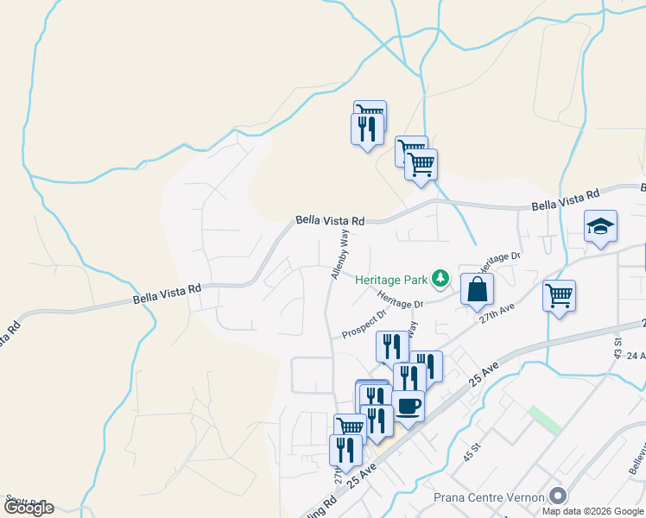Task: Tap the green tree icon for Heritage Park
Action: [441, 277]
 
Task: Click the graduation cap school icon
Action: [600, 227]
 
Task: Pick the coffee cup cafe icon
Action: [408, 405]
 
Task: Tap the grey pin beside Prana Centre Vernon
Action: [558, 496]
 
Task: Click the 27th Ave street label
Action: [497, 313]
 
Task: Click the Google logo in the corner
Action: [28, 509]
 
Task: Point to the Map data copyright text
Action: [593, 511]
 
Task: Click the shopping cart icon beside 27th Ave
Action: [559, 295]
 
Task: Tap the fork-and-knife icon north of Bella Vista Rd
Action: [366, 129]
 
